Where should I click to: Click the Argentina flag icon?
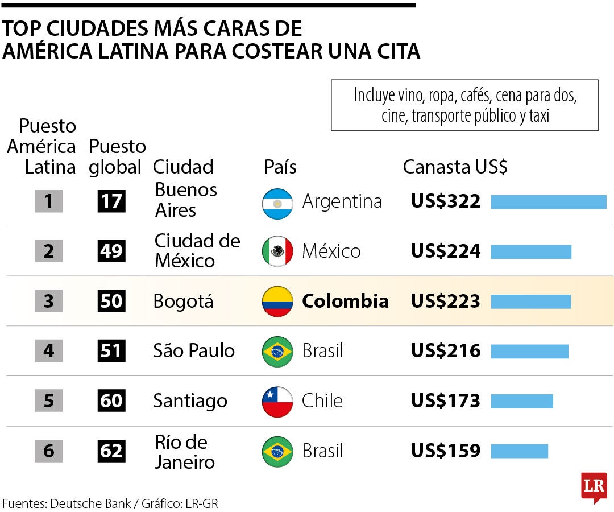[x=277, y=204]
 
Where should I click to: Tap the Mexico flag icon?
[x=277, y=251]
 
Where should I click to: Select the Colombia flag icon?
[x=277, y=302]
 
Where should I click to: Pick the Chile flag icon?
[x=277, y=402]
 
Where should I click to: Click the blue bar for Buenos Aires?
[x=549, y=202]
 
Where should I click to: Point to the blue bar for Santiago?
[x=522, y=401]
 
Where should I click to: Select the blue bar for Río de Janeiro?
[x=520, y=451]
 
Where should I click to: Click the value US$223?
[x=446, y=301]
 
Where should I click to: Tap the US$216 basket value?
[x=446, y=350]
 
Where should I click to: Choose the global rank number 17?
[x=111, y=201]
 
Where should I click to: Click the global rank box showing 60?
[x=111, y=400]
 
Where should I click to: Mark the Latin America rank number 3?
[x=48, y=301]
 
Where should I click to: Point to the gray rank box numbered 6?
[x=48, y=451]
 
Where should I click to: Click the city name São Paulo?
[x=194, y=350]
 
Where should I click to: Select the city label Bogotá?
[x=183, y=301]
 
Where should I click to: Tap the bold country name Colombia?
[x=346, y=301]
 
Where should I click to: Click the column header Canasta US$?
[x=455, y=167]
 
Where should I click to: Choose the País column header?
[x=280, y=167]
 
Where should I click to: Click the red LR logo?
[x=594, y=488]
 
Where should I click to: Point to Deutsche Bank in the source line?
[x=90, y=503]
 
